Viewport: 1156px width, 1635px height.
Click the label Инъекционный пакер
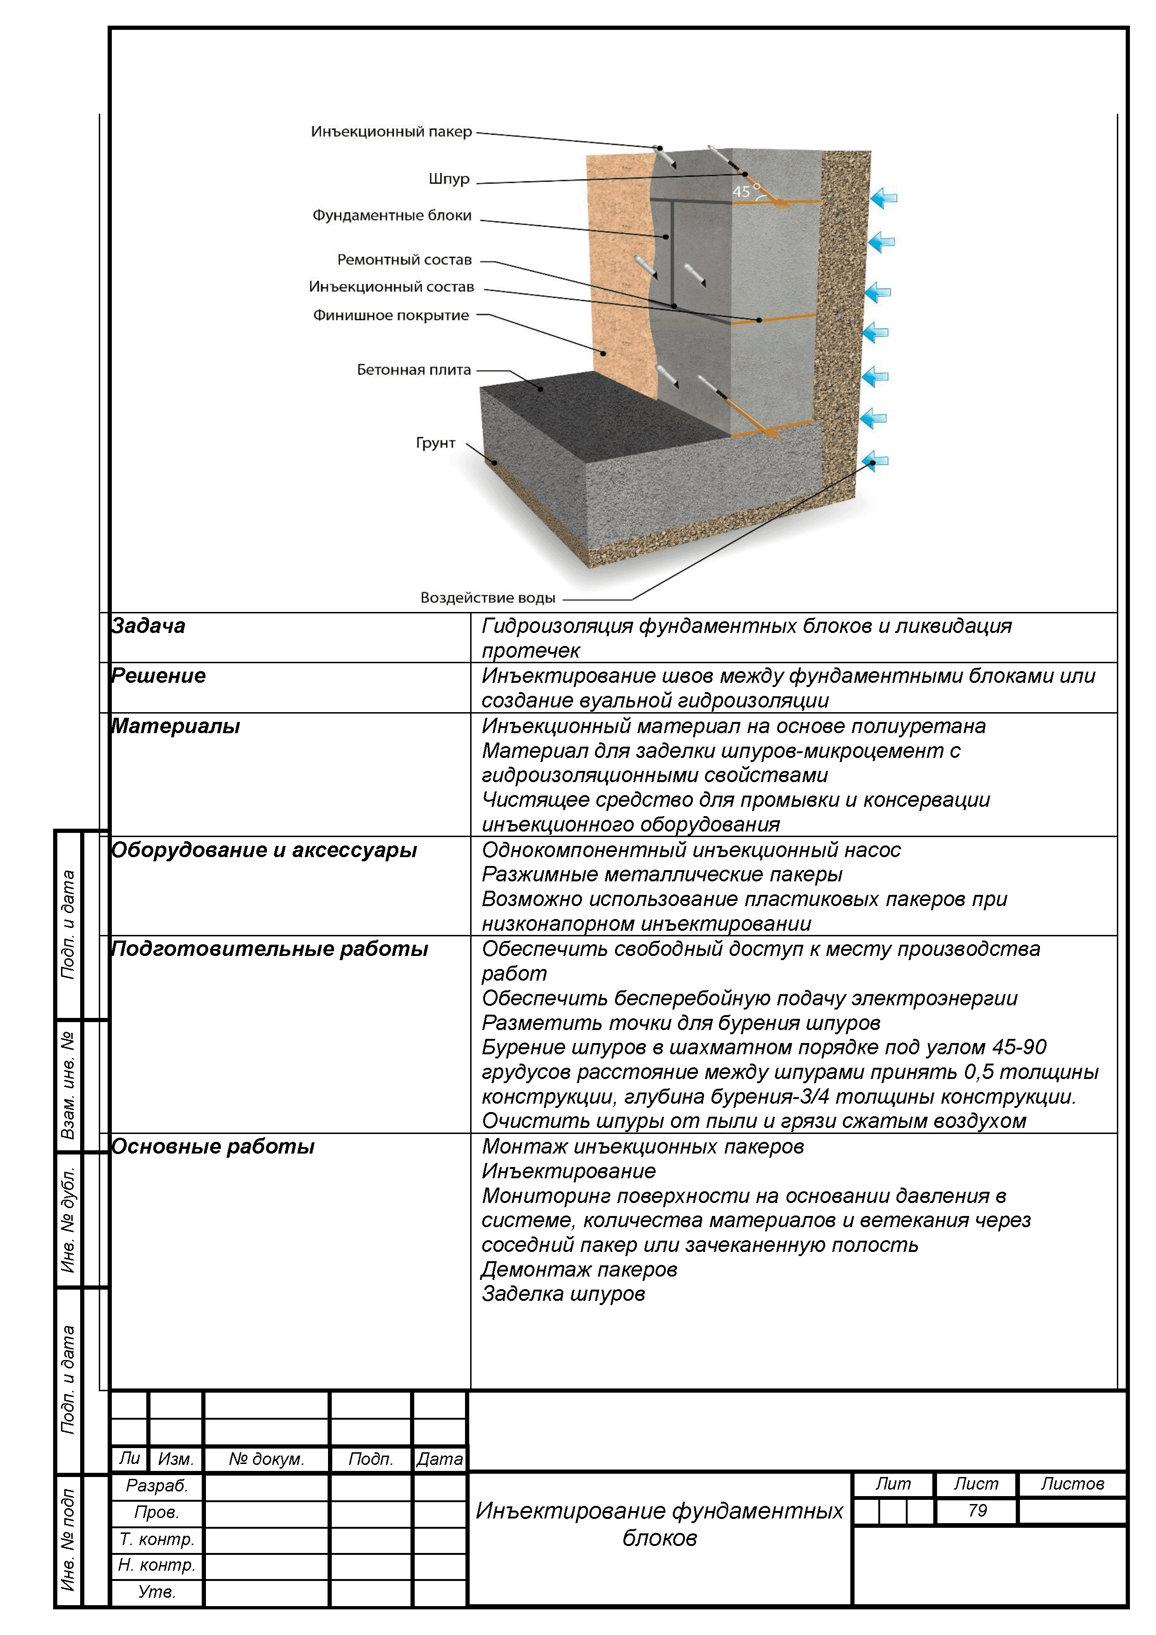pos(391,132)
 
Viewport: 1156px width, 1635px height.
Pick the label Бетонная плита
pos(414,370)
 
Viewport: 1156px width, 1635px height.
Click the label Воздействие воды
pos(487,598)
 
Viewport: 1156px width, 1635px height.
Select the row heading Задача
pos(148,626)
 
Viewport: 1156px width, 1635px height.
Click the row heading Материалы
pos(175,726)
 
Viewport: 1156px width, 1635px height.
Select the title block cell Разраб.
pos(157,1485)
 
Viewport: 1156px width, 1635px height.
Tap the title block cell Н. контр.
pos(157,1565)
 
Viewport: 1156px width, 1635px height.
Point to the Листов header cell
pos(1072,1484)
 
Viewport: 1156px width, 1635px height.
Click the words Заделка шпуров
pos(563,1293)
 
